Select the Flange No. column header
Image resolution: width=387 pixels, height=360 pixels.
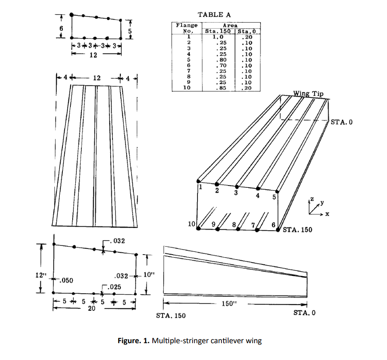pyautogui.click(x=186, y=28)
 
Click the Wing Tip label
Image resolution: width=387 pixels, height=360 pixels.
pyautogui.click(x=308, y=94)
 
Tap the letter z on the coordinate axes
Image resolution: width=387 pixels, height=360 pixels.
pyautogui.click(x=312, y=201)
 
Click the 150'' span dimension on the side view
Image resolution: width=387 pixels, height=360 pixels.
pyautogui.click(x=228, y=304)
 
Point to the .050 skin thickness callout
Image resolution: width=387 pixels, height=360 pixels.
pyautogui.click(x=66, y=280)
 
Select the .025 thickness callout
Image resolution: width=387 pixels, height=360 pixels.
pyautogui.click(x=114, y=287)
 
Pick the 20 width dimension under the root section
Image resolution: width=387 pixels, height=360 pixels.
pyautogui.click(x=91, y=309)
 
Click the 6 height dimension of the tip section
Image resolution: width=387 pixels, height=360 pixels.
pyautogui.click(x=62, y=28)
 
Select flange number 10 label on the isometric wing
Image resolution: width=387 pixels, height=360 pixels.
pyautogui.click(x=192, y=225)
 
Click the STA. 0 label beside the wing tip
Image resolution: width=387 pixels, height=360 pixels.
pyautogui.click(x=341, y=122)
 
